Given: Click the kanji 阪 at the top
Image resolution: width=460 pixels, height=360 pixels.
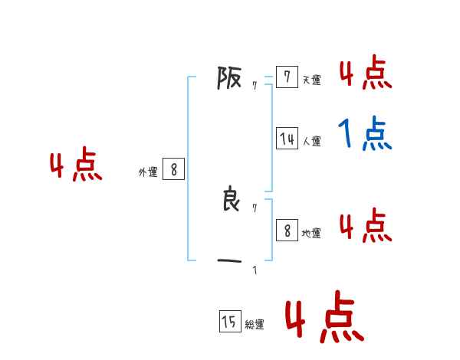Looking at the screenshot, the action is [x=229, y=77].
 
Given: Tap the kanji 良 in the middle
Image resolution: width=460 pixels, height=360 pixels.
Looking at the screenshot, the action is [x=229, y=200].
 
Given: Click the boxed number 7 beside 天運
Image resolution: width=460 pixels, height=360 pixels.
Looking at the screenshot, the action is [x=287, y=77].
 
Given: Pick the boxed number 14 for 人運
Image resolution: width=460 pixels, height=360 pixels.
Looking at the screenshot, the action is [x=287, y=139].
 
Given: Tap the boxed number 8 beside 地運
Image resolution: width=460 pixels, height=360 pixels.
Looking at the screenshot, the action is [x=287, y=230].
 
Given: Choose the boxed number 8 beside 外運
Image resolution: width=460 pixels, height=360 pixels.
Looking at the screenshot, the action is [x=173, y=169].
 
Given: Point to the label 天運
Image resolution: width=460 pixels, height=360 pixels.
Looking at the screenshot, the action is [x=311, y=80].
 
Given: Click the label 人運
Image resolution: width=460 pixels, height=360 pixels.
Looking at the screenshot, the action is [x=311, y=141].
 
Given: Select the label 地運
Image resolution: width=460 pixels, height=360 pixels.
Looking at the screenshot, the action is [x=311, y=233].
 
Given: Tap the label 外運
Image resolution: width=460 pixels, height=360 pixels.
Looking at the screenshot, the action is [x=148, y=172].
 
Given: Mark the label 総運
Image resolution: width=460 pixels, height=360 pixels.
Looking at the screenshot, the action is [x=255, y=325].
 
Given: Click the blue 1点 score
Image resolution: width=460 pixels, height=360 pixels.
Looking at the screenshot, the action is [x=365, y=135].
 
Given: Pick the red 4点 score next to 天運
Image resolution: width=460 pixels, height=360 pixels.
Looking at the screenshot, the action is [x=365, y=74].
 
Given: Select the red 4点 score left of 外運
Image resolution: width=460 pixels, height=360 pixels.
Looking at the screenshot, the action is [x=76, y=167].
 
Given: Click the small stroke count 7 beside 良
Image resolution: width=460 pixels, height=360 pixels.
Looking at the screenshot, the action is [x=255, y=208].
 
